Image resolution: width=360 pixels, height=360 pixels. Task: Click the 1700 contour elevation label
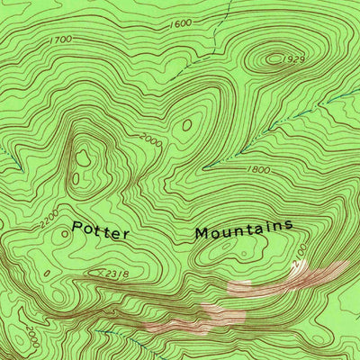pyautogui.click(x=61, y=40)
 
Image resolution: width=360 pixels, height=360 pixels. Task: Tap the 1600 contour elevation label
pyautogui.click(x=181, y=23)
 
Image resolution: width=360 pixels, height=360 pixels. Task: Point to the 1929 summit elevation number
pyautogui.click(x=292, y=59)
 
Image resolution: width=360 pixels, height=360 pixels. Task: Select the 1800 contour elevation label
pyautogui.click(x=257, y=168)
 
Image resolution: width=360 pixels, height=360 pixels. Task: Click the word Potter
pyautogui.click(x=101, y=231)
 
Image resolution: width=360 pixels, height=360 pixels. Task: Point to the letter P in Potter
pyautogui.click(x=76, y=229)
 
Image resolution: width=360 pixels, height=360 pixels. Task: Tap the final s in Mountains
pyautogui.click(x=290, y=225)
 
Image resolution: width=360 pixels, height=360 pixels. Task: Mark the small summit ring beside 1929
pyautogui.click(x=273, y=59)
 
